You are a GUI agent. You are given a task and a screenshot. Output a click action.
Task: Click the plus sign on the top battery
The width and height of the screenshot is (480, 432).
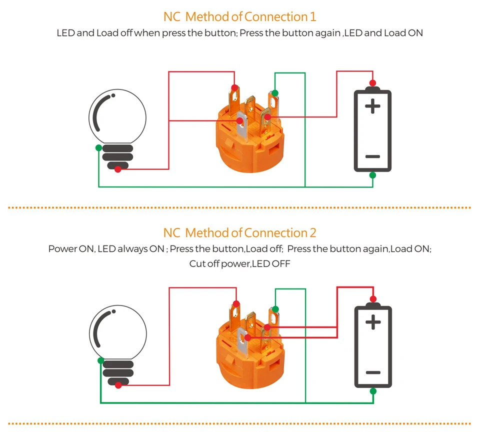point(372,106)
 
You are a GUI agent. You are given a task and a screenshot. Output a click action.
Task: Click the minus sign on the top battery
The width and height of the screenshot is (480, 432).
point(372,156)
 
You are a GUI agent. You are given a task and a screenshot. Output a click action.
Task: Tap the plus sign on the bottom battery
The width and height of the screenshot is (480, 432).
point(373,322)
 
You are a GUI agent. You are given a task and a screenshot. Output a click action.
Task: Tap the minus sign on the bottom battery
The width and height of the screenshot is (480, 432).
point(373,372)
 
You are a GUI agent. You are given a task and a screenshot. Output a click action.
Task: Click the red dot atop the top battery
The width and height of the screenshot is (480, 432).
point(372,83)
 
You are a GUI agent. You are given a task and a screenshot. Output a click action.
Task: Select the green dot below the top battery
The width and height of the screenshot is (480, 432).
point(372,175)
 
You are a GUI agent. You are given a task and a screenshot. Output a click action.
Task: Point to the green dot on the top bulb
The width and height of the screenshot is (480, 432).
point(98,148)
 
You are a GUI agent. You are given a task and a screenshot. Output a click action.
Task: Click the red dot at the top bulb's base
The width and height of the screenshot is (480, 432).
point(118,169)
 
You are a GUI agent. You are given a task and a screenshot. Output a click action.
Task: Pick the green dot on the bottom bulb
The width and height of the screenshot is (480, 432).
point(100,360)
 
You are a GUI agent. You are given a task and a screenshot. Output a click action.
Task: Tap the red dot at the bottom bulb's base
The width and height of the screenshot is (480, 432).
point(118,385)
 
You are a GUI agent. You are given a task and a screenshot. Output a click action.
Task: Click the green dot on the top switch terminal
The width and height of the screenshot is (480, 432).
point(275,93)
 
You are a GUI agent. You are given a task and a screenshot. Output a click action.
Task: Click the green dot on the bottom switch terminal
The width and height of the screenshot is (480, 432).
point(275,309)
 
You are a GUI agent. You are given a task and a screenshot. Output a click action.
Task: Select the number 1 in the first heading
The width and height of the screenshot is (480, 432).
point(313,17)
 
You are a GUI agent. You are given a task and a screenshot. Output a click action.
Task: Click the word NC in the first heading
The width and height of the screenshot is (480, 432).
point(171,17)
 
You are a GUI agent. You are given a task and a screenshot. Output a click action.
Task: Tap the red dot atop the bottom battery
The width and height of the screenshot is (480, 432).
point(373,299)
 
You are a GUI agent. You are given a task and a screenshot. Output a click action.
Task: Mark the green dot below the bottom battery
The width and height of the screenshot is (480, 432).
point(373,391)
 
